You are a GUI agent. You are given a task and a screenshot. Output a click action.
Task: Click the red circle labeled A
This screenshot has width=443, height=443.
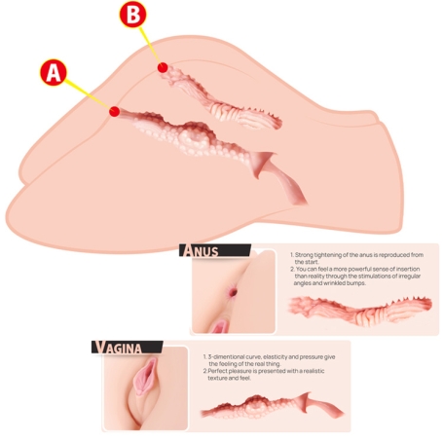54,72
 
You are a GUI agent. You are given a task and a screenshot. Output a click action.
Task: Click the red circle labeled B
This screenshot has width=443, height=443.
132,14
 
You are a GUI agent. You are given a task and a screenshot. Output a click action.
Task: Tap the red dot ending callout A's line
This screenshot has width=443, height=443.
114,111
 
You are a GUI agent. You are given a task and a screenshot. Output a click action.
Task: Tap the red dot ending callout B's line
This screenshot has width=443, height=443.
163,68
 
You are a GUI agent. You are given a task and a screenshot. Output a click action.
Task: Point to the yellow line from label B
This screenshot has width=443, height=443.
150,46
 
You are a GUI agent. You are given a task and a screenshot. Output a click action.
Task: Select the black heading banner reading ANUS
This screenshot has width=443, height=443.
215,250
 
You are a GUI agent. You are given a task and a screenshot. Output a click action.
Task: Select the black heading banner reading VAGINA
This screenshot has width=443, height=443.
127,347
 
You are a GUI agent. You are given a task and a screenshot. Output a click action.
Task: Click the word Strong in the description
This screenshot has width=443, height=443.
305,255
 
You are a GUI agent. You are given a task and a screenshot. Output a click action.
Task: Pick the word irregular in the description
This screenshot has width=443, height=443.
409,277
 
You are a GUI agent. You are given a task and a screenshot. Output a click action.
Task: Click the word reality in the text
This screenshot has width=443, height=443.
316,277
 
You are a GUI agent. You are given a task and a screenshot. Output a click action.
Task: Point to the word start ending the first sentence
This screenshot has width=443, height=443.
312,262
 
